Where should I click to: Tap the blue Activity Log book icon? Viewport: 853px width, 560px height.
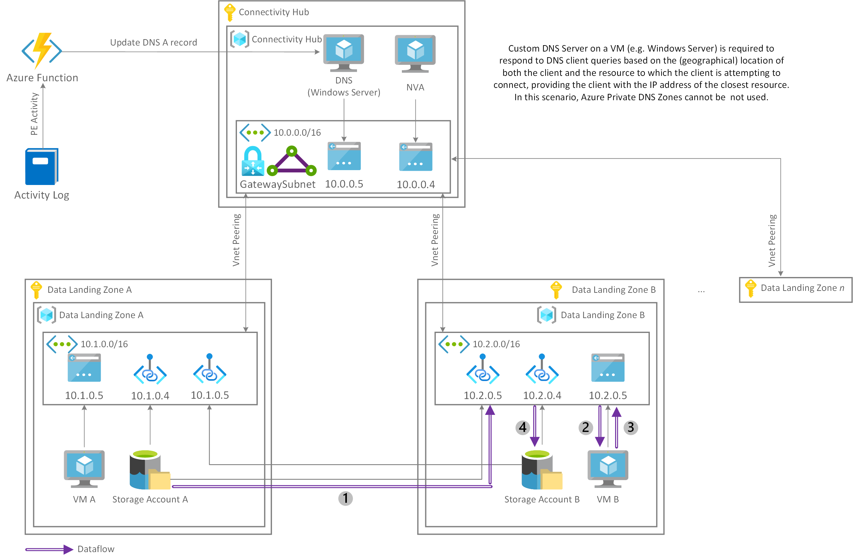tap(42, 166)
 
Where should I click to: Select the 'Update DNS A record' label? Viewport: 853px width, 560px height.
tap(154, 42)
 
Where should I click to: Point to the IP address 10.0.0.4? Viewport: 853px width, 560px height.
tap(416, 184)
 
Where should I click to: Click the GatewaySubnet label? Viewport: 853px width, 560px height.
tap(277, 184)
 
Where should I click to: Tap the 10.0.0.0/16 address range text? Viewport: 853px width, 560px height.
tap(297, 133)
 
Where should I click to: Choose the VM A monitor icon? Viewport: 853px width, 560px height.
tap(84, 469)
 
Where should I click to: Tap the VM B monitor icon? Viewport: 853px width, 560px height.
tap(608, 469)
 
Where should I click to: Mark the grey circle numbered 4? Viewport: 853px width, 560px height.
tap(523, 427)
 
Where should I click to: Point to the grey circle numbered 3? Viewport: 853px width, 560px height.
tap(631, 427)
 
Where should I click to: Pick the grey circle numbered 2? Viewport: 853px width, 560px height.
tap(586, 427)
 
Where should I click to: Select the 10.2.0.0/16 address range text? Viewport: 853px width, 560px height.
tap(496, 344)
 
